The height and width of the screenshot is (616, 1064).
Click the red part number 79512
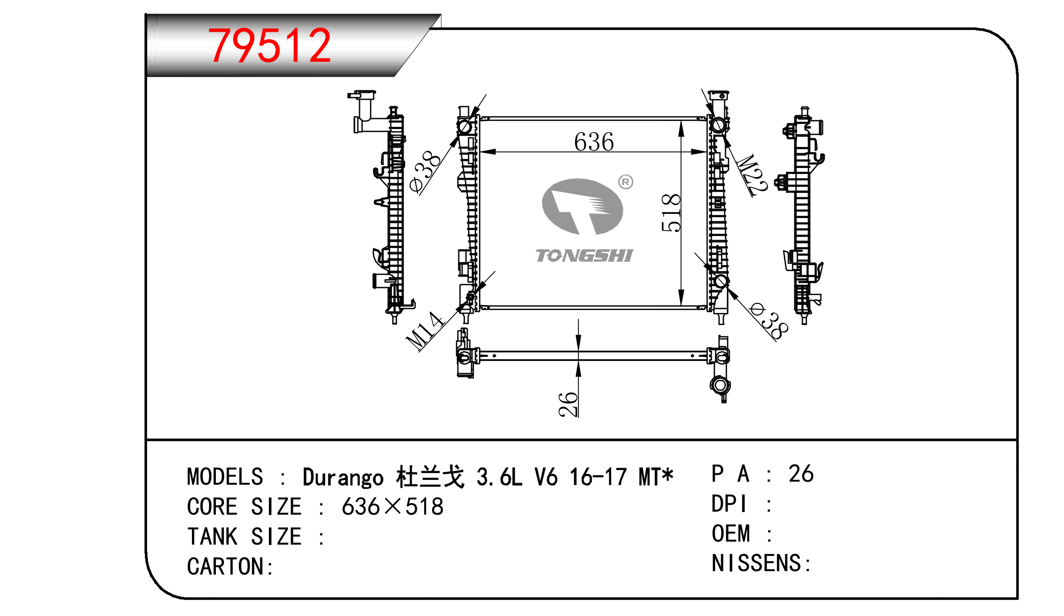click(x=269, y=45)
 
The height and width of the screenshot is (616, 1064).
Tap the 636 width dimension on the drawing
click(x=594, y=142)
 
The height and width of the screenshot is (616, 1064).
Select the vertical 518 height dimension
click(x=670, y=213)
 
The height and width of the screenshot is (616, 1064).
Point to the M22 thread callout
click(x=753, y=175)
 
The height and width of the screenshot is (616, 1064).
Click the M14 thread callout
click(x=424, y=330)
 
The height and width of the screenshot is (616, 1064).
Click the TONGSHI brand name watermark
click(x=584, y=256)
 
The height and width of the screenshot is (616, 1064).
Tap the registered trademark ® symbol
click(x=625, y=182)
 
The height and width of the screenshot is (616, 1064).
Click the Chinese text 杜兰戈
click(x=430, y=477)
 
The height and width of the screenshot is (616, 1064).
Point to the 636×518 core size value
click(x=392, y=507)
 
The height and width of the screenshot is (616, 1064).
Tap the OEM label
click(x=731, y=534)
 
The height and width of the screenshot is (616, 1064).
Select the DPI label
click(x=729, y=504)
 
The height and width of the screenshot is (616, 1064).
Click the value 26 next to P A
click(x=801, y=474)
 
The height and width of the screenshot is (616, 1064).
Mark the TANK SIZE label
click(x=244, y=537)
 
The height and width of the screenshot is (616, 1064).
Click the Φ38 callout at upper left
click(x=424, y=171)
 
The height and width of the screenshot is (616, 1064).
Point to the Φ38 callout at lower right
click(x=770, y=321)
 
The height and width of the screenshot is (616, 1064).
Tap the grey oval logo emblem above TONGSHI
click(x=582, y=207)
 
